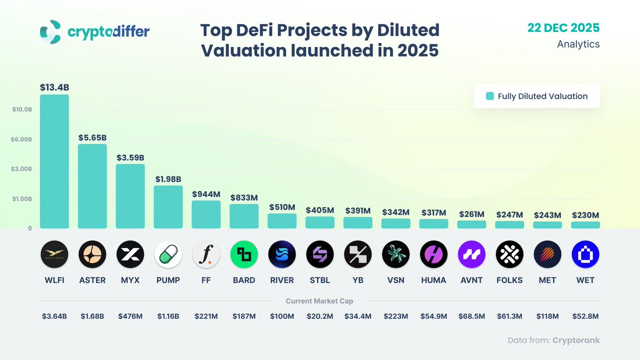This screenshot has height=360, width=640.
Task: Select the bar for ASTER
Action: point(92,186)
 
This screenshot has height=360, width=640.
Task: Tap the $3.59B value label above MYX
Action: point(131,158)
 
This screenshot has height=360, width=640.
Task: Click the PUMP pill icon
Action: point(169,254)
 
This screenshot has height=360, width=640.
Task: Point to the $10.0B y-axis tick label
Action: point(22,109)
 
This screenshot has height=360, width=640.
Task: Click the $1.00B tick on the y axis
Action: point(22,199)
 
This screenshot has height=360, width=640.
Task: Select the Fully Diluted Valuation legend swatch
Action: point(490,97)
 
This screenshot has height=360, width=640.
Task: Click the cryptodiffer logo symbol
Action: point(51,32)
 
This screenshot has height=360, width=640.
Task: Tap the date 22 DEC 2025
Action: point(563,28)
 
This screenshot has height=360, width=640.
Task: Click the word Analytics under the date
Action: point(578,44)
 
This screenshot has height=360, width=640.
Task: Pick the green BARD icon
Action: point(244,254)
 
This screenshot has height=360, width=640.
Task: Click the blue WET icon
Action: point(585,254)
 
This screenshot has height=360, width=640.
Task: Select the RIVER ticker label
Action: point(282,280)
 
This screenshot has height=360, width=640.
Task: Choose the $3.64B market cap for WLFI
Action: point(54,316)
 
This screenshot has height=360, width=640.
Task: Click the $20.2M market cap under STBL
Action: point(320,316)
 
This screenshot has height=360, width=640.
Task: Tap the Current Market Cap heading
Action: point(319,301)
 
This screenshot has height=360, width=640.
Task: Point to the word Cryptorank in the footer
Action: point(576,340)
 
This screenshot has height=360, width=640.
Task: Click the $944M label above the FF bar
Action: point(206,195)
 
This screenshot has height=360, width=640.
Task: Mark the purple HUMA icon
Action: point(434,254)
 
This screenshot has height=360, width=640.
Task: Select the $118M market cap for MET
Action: point(547,316)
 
